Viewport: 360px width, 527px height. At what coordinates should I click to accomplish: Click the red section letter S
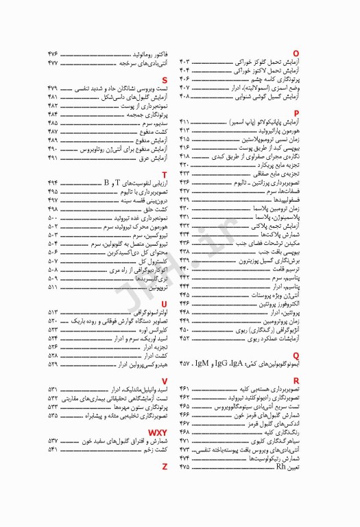pyautogui.click(x=165, y=80)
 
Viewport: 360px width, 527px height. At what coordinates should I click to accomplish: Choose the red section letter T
pyautogui.click(x=165, y=175)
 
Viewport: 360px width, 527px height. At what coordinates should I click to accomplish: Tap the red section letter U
pyautogui.click(x=165, y=303)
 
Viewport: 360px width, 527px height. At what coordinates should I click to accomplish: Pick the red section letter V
pyautogui.click(x=165, y=380)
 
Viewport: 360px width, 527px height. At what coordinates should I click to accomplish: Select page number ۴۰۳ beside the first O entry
pyautogui.click(x=185, y=62)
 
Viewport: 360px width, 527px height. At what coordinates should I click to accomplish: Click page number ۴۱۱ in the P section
pyautogui.click(x=185, y=121)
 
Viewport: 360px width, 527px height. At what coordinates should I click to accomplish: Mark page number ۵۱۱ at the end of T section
pyautogui.click(x=53, y=288)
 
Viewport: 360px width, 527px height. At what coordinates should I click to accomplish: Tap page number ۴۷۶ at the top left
pyautogui.click(x=53, y=54)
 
